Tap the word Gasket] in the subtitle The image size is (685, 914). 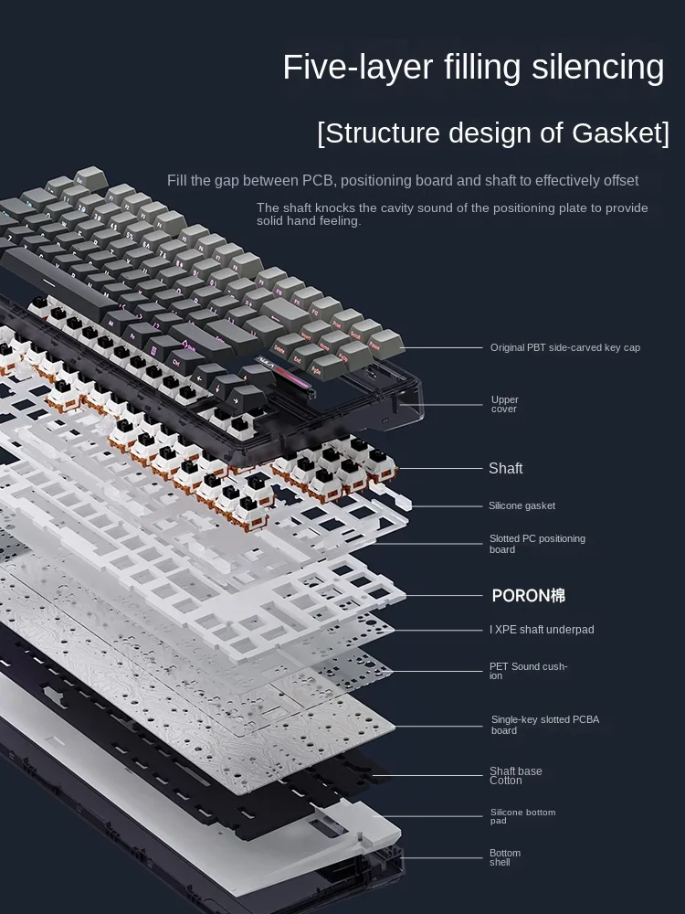coord(620,133)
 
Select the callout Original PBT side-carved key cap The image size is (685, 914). coord(564,348)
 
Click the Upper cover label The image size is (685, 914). coord(504,404)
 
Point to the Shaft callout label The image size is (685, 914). coord(505,469)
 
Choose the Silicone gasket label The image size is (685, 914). coord(522,505)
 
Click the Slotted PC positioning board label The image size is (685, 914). coord(537,544)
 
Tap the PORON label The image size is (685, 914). coord(528,596)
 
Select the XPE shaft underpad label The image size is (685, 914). coord(542,630)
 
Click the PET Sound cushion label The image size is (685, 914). coord(528,671)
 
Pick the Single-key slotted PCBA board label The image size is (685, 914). coord(544,725)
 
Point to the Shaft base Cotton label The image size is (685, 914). coord(515,776)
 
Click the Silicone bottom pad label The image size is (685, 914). coord(522,816)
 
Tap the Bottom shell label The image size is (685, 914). coord(505,857)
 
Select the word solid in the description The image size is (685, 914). coord(272,221)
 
